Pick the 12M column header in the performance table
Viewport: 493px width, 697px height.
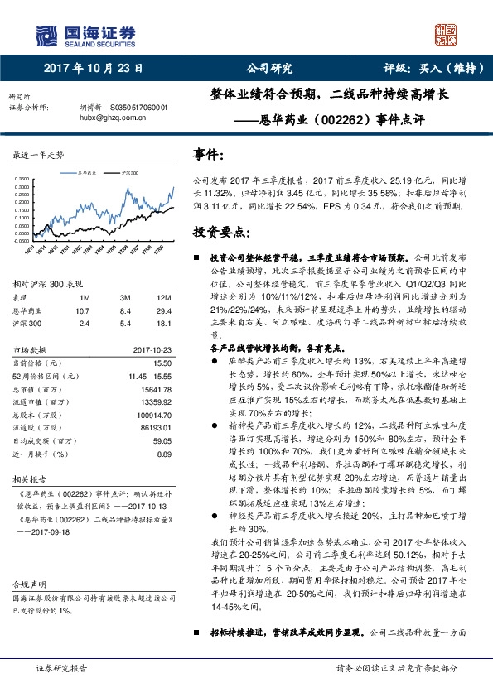click(x=163, y=296)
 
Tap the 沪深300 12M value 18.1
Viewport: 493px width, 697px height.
click(x=163, y=323)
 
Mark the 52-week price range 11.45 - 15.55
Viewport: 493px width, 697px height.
click(x=150, y=376)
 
